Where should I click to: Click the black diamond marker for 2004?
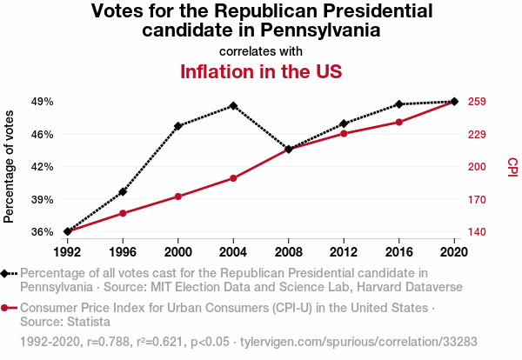233,106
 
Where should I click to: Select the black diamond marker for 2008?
289,150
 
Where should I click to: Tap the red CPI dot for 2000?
178,197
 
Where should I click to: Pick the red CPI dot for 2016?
399,122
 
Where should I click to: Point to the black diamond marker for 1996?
123,191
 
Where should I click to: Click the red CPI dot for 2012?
344,133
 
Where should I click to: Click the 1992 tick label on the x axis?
68,251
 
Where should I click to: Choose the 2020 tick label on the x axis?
454,251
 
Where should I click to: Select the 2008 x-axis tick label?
289,251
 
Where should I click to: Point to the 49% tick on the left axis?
41,102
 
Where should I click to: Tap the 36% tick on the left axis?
41,232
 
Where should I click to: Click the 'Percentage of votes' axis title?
10,166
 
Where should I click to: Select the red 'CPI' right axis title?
512,166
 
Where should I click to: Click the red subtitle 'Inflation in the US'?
260,71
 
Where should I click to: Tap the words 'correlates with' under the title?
261,51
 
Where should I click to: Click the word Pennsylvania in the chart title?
321,30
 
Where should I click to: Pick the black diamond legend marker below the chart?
6,274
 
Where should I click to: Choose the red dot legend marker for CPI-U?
6,308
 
